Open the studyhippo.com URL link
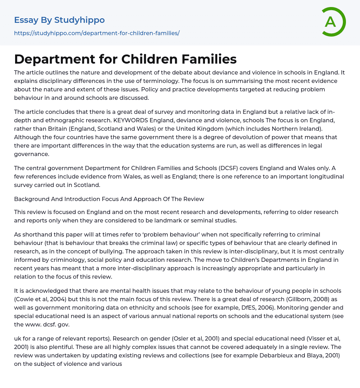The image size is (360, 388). click(x=97, y=33)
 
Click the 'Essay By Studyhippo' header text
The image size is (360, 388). click(x=59, y=20)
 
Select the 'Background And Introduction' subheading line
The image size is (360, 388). click(x=109, y=199)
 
